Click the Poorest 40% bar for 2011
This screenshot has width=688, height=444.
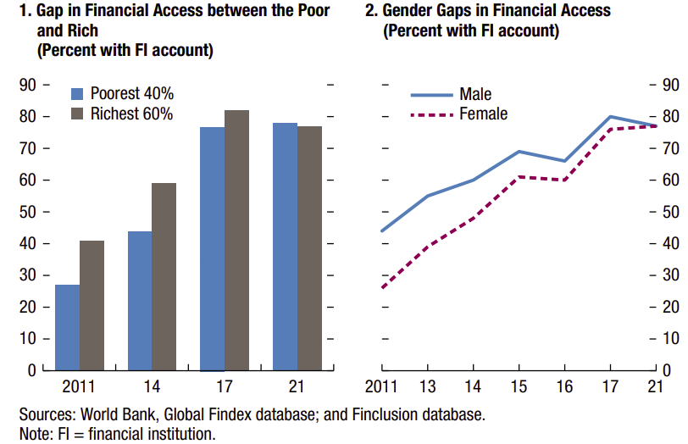pyautogui.click(x=68, y=327)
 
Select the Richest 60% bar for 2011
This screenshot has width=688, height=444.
pyautogui.click(x=92, y=305)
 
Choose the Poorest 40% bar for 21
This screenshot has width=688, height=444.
pyautogui.click(x=285, y=246)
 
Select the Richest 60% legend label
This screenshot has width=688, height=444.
pyautogui.click(x=131, y=114)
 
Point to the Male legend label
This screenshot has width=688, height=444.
pyautogui.click(x=475, y=95)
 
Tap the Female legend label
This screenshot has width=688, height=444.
pyautogui.click(x=483, y=114)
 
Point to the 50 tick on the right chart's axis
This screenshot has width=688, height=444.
pyautogui.click(x=669, y=212)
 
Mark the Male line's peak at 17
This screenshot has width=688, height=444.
pyautogui.click(x=610, y=116)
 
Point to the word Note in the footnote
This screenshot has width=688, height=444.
pyautogui.click(x=34, y=434)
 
